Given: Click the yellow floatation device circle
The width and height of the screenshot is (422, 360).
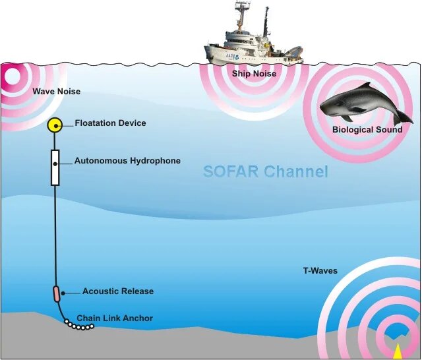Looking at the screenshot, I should coord(55,125).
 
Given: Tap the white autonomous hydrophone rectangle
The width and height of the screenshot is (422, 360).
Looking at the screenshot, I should coord(55,167).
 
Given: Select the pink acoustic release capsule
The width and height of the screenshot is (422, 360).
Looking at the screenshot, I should coord(56,293).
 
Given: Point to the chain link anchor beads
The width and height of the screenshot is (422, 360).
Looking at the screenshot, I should coord(79,325).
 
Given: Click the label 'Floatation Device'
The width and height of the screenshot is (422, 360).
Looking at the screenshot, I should coord(110,123).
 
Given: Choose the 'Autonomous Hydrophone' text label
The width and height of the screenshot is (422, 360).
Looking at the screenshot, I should coord(127,161).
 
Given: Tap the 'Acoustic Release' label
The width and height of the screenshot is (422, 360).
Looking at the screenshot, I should coord(118,291).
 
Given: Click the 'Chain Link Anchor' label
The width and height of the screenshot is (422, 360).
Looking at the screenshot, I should coord(115,318).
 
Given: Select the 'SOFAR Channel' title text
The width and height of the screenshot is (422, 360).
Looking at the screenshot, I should coord(265,172).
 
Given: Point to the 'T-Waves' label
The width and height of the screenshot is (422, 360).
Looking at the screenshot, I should coord(320,271).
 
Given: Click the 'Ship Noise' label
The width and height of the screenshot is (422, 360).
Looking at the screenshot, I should coord(254,74).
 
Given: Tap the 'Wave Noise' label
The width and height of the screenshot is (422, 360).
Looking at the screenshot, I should coord(57,91).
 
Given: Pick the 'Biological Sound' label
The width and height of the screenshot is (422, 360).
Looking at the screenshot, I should coord(367,130).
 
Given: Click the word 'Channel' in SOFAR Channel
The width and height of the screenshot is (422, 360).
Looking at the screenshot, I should coord(296,172).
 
